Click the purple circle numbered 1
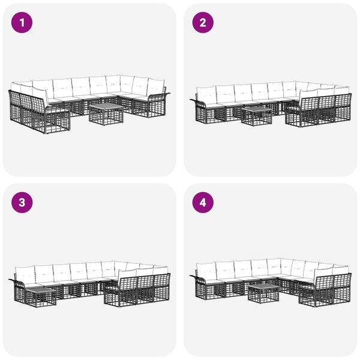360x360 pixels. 22,23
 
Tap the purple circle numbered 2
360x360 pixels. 203,23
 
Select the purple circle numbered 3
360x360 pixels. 22,203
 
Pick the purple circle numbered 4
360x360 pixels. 203,203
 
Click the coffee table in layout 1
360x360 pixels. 106,114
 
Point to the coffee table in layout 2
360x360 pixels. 256,116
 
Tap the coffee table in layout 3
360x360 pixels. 40,298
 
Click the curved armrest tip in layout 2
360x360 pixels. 191,100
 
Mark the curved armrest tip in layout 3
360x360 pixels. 10,280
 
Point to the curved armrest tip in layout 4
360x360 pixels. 191,276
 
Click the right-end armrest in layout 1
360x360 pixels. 158,104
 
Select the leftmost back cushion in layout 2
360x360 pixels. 206,95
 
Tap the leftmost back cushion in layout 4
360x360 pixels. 206,271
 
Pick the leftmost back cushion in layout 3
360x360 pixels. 25,274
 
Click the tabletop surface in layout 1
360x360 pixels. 106,107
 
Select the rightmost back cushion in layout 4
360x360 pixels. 341,269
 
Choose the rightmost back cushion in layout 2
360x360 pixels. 342,91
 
